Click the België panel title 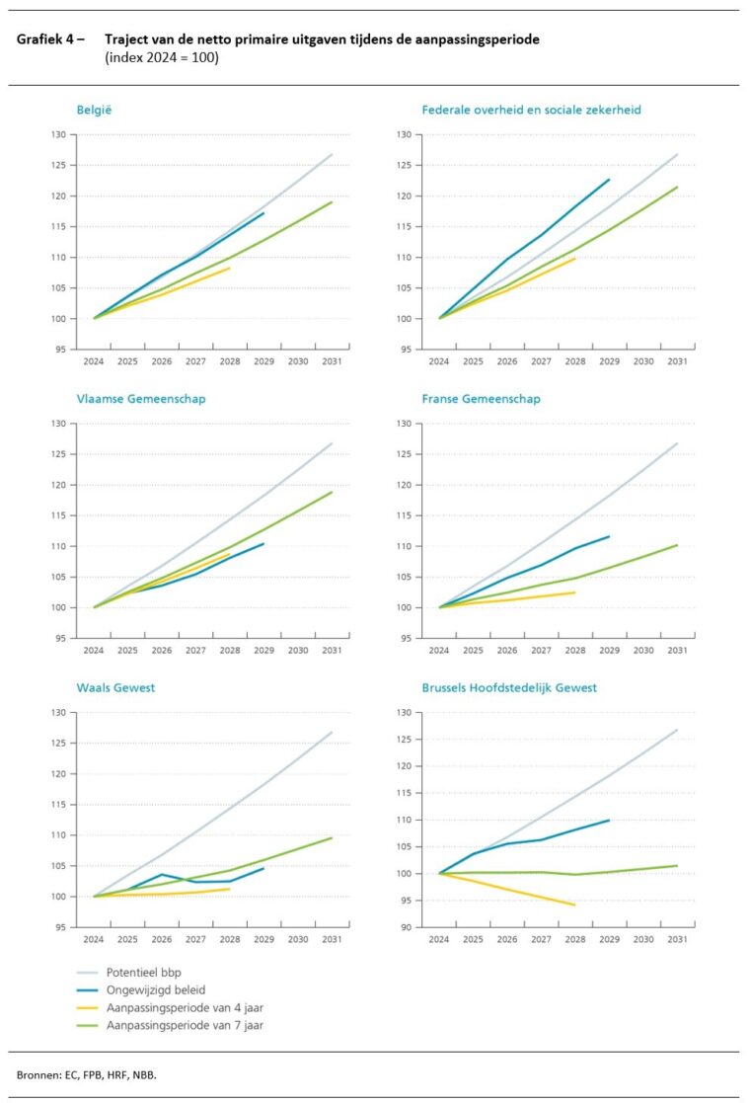(94, 110)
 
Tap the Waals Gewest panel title (112, 687)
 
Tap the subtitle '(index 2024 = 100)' (161, 57)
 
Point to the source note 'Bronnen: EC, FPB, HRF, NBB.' (87, 1073)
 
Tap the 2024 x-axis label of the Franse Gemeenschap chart (439, 651)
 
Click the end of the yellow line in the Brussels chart (575, 905)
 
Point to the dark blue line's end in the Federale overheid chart (609, 179)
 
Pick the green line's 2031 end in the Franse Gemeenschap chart (677, 545)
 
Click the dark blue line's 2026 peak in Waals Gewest (162, 874)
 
